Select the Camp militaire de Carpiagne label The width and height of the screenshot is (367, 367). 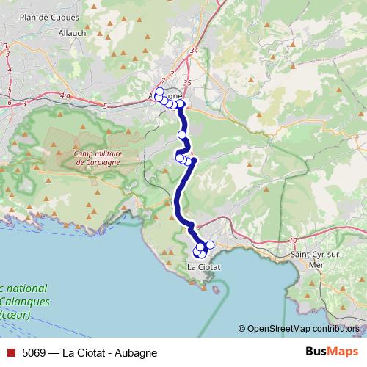point(97,158)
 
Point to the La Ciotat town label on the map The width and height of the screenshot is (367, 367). point(204,267)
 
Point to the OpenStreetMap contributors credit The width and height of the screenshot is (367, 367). point(302,328)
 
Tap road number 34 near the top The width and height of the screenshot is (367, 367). point(194,51)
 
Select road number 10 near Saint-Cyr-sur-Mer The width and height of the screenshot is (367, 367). point(293,241)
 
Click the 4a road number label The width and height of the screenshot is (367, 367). point(65,96)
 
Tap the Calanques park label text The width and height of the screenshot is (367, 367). point(25,301)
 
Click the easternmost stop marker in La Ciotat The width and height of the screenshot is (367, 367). point(210,244)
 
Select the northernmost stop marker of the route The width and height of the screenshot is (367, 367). point(159,92)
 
